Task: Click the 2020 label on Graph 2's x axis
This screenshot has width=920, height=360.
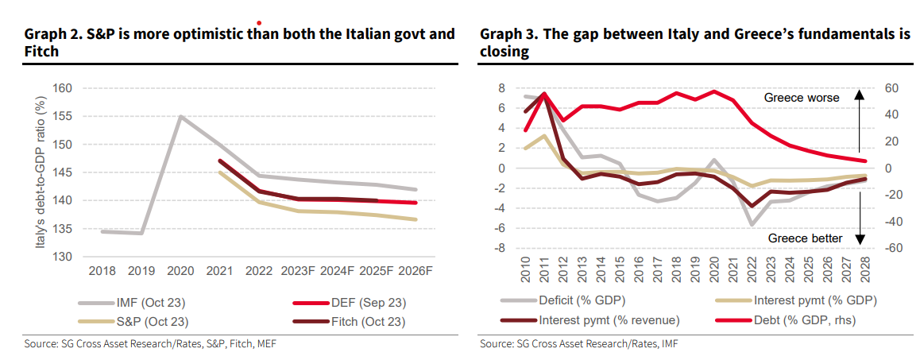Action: click(x=181, y=270)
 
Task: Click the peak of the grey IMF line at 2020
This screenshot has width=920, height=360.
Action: click(x=181, y=117)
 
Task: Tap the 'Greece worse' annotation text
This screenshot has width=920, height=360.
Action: click(x=802, y=98)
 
